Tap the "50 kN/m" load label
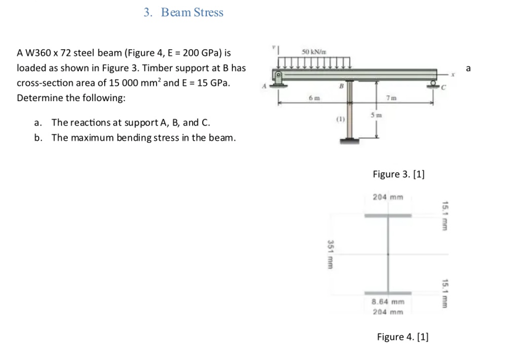point(314,51)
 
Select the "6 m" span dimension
point(313,98)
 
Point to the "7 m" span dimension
point(391,98)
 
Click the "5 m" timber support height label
point(376,115)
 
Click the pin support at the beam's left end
point(278,76)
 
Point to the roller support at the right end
point(433,84)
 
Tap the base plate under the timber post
point(349,140)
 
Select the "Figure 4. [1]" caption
point(403,337)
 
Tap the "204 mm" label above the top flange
point(388,197)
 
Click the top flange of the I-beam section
point(388,215)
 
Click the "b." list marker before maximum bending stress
point(38,138)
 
